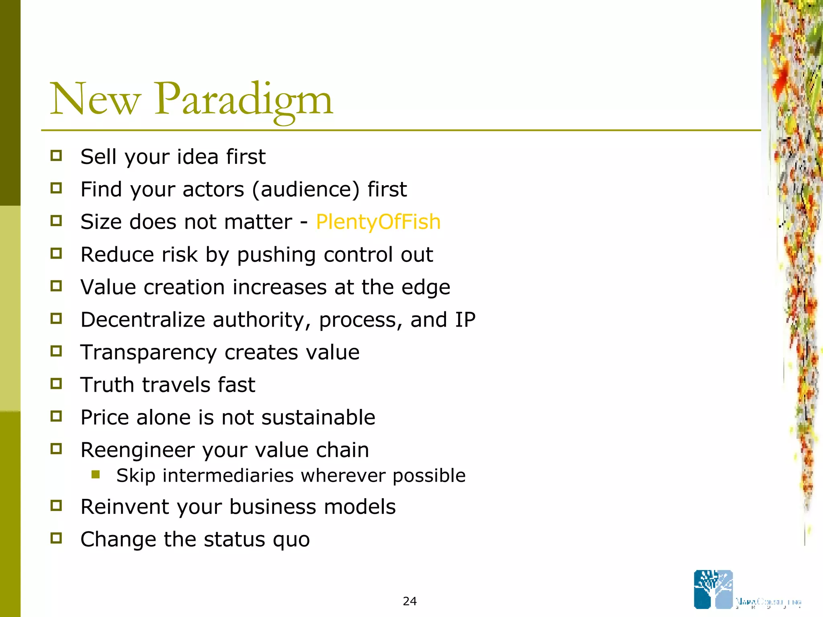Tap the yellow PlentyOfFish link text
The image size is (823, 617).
[x=378, y=222]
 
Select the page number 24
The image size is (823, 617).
[x=409, y=601]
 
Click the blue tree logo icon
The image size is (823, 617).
[x=713, y=589]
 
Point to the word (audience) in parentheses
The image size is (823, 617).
[x=305, y=190]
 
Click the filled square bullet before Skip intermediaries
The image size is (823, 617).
[x=96, y=475]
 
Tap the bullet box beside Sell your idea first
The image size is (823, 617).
[x=56, y=156]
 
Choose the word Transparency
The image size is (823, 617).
[x=148, y=353]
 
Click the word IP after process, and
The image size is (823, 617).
[x=465, y=320]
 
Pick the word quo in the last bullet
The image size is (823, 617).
[x=291, y=540]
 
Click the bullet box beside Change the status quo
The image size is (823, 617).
[x=56, y=538]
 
